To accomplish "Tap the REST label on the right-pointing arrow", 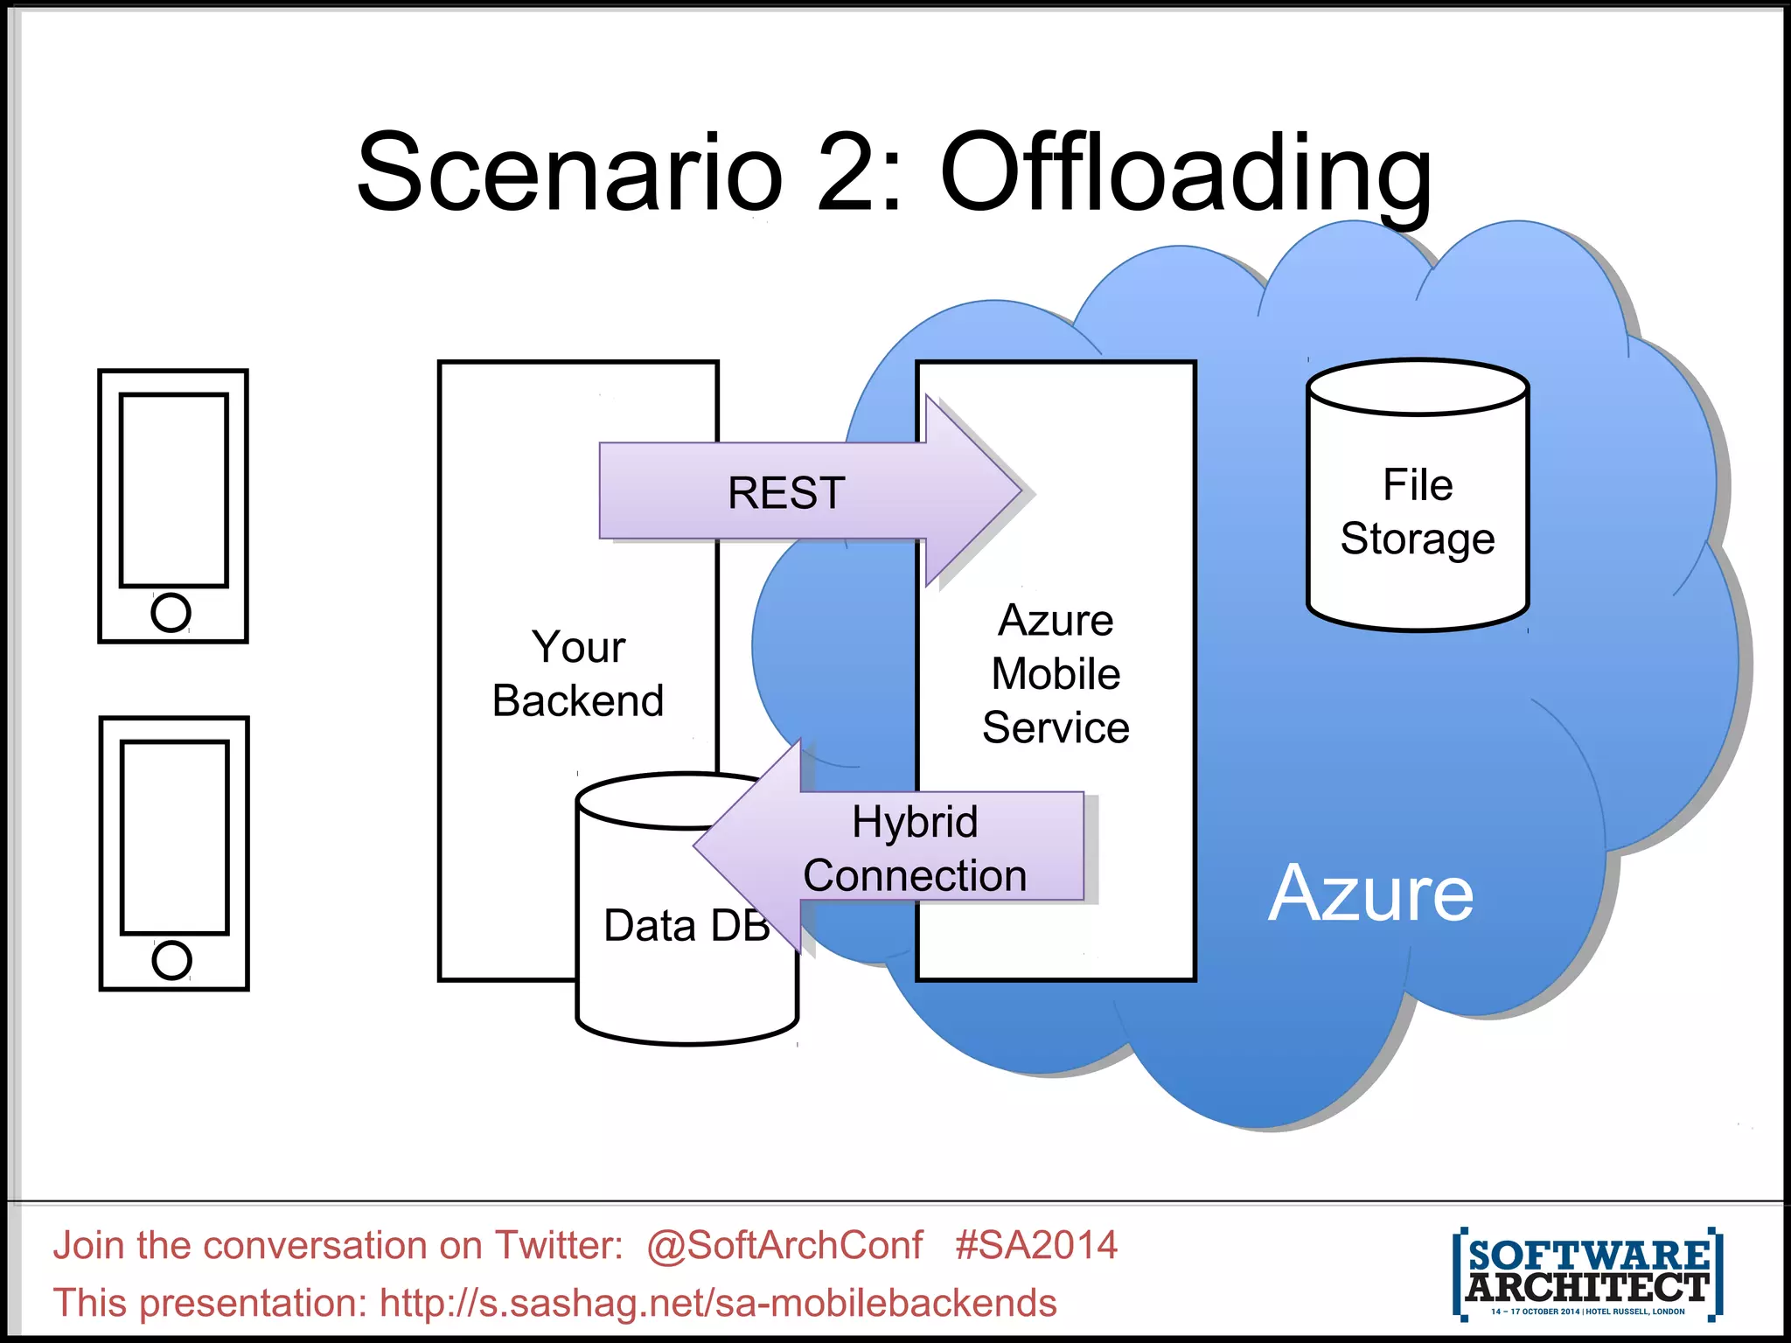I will point(786,492).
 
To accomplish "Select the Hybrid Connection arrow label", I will point(915,848).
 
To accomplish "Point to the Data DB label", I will point(686,925).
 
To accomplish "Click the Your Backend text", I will point(578,673).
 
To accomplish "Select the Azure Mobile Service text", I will point(1056,673).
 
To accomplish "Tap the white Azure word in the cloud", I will point(1370,894).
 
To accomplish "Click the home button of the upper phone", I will point(171,612).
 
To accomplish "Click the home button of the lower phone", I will point(171,960).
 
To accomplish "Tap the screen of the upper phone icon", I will point(174,490).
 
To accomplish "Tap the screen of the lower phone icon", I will point(175,838).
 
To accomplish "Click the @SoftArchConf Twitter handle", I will point(784,1245).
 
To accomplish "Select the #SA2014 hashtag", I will point(1036,1245).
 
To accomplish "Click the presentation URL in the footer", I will point(717,1303).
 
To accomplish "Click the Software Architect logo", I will point(1587,1273).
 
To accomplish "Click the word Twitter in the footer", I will point(558,1245).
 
